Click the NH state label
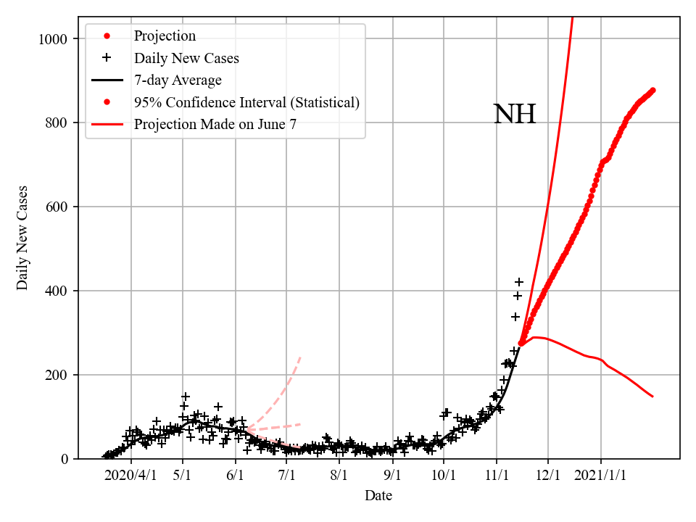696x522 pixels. click(515, 115)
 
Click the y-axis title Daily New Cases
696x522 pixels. click(22, 238)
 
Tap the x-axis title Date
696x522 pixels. click(378, 496)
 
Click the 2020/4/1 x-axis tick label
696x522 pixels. click(130, 476)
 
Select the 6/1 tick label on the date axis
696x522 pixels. click(236, 476)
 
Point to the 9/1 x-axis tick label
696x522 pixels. click(392, 476)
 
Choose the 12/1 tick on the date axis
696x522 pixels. click(548, 476)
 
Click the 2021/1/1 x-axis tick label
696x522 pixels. click(601, 476)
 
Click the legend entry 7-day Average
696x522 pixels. click(178, 80)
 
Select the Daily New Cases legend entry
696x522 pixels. click(186, 58)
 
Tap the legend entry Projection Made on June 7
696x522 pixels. click(215, 124)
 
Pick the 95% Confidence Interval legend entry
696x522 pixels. click(246, 102)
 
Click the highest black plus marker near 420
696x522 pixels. click(519, 282)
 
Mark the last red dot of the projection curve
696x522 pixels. click(652, 91)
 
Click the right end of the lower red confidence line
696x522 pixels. click(652, 397)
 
